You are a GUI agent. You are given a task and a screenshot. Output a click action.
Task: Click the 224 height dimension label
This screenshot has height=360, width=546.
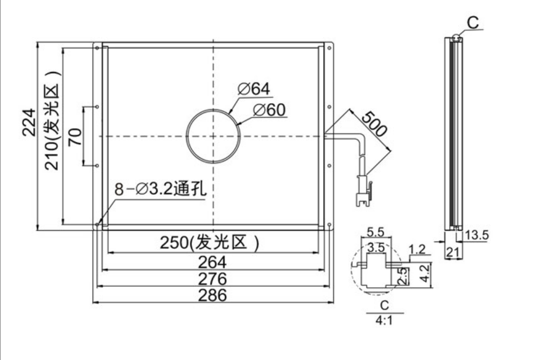click(x=29, y=122)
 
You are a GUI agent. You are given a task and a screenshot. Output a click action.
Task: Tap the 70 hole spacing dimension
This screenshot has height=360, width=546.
click(x=75, y=137)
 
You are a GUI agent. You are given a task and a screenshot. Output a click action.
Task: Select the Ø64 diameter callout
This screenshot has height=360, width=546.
click(x=254, y=89)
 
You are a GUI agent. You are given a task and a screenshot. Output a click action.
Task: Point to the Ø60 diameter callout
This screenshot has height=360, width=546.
click(x=269, y=110)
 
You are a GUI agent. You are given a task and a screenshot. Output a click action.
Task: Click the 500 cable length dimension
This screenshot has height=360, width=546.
click(x=374, y=124)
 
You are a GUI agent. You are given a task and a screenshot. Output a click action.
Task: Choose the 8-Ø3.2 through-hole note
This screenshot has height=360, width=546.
click(x=160, y=189)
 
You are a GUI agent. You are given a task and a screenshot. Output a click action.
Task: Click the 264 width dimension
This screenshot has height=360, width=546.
click(x=212, y=262)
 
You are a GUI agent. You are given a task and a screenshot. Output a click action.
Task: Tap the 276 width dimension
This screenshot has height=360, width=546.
click(x=212, y=279)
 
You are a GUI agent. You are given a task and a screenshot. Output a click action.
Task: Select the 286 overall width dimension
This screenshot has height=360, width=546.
click(x=212, y=295)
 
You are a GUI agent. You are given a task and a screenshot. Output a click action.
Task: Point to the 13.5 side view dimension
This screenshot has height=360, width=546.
click(x=477, y=235)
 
